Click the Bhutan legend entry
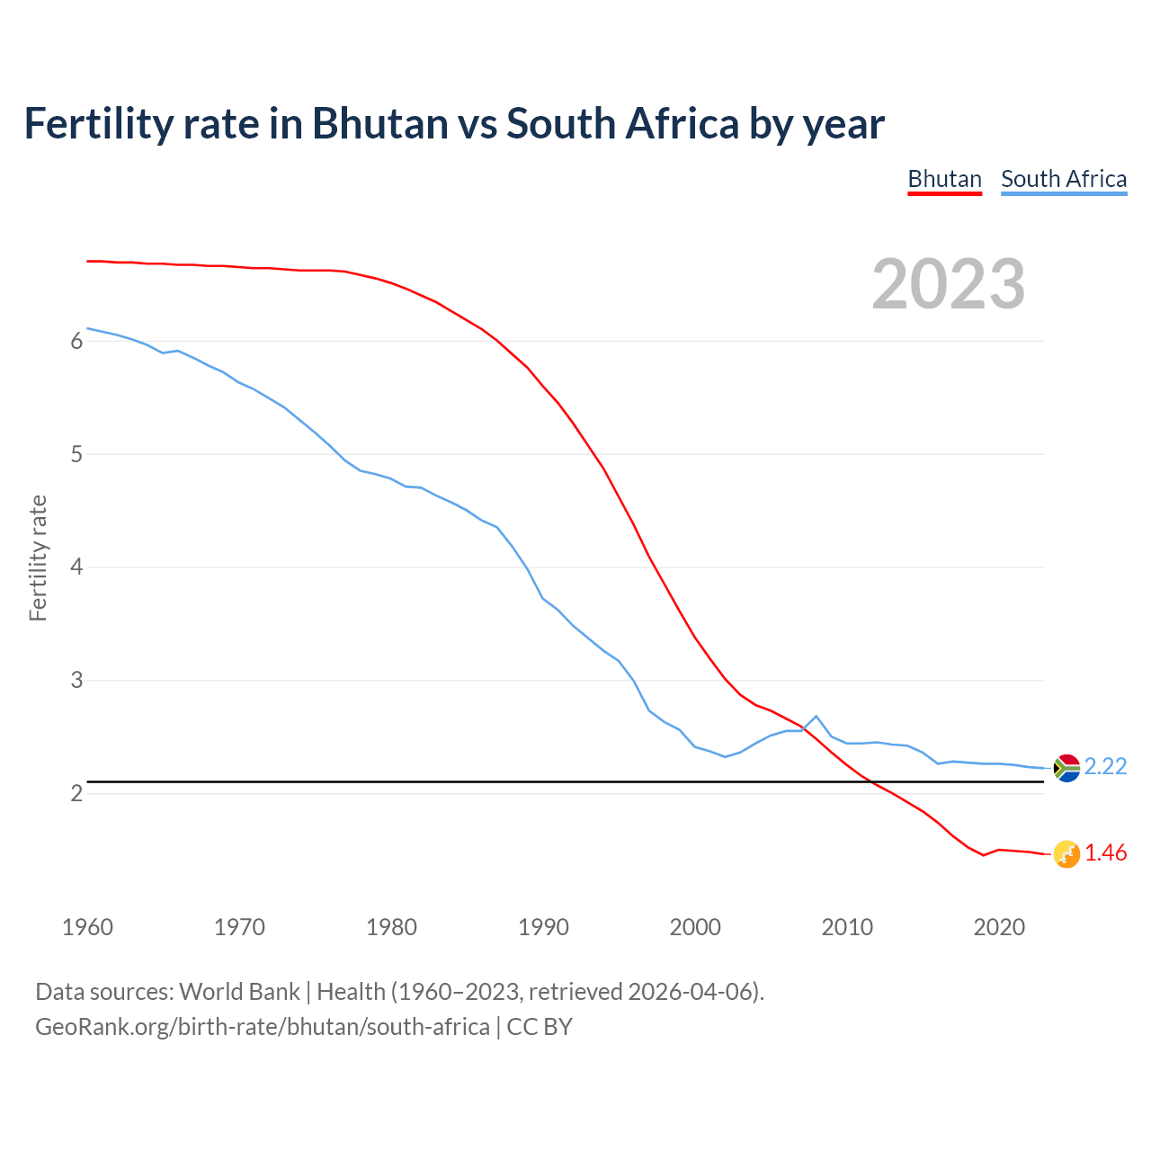[944, 179]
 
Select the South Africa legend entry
[1064, 179]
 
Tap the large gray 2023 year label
[949, 284]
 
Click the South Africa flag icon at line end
[1066, 767]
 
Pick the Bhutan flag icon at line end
[1066, 853]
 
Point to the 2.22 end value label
[1105, 766]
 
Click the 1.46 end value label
[1105, 852]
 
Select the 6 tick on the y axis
[76, 342]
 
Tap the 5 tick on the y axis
[76, 455]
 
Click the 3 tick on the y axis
[76, 681]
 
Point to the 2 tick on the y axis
[76, 794]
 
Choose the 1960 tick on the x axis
[87, 927]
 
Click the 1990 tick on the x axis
[543, 927]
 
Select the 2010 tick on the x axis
[847, 927]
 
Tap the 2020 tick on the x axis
[999, 927]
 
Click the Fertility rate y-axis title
[38, 558]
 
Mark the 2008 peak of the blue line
[816, 716]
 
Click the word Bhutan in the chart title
[379, 123]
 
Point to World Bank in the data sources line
[239, 992]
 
